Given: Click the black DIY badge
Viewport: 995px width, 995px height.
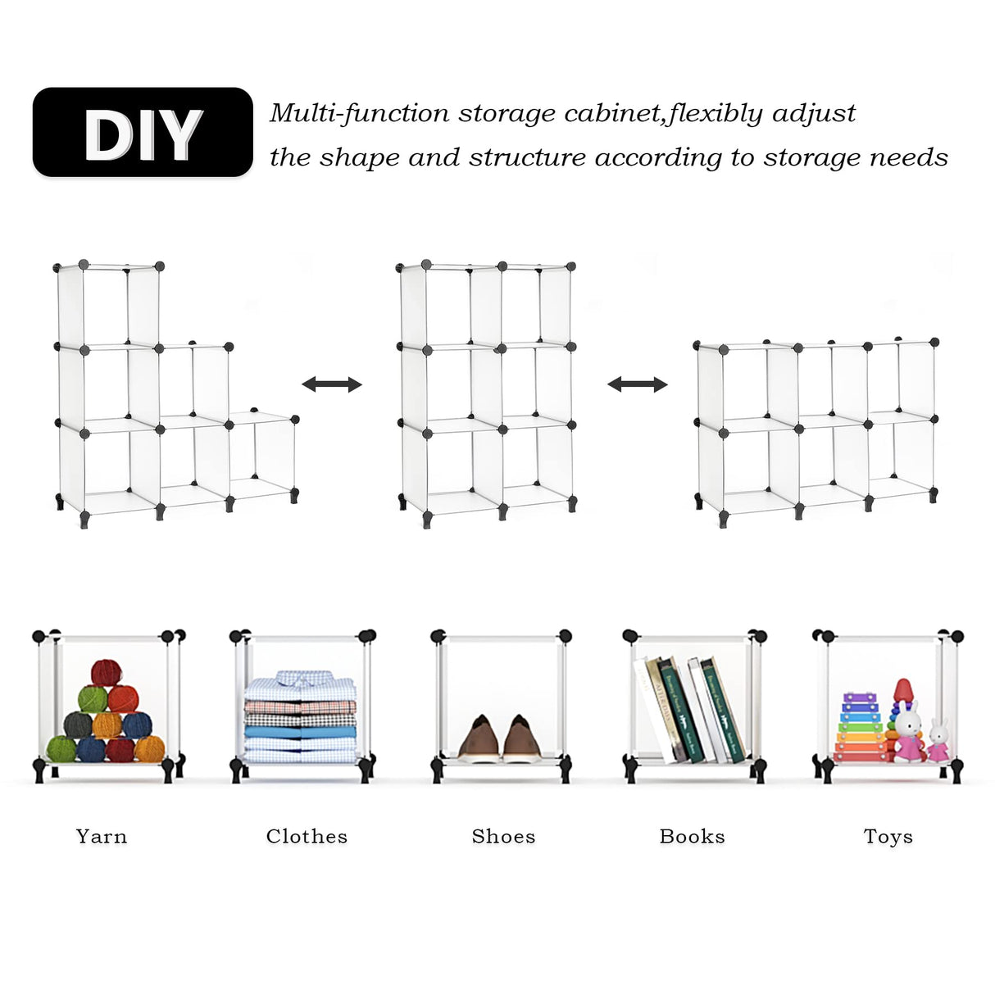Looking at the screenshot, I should coord(143,133).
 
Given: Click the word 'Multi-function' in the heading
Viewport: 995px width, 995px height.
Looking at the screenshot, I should coord(359,113).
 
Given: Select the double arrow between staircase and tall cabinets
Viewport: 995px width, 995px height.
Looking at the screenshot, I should coord(331,384).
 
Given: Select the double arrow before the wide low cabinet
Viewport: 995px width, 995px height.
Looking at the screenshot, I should coord(637,384).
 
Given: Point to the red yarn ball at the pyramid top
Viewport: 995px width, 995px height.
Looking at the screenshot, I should coord(106,673).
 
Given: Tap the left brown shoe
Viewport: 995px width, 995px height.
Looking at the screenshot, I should coord(479,738).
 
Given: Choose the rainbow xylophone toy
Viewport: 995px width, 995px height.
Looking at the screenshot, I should coord(860,728).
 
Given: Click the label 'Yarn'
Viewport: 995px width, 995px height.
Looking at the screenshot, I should coord(102,836).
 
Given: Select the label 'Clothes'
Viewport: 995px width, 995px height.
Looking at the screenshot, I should coord(307,836).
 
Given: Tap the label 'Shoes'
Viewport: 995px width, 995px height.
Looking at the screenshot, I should coord(503,836).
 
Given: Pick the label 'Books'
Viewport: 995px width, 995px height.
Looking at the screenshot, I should coord(692,836).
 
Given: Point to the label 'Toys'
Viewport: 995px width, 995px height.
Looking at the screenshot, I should coord(888,836).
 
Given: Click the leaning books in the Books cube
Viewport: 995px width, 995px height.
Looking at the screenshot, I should coord(690,710).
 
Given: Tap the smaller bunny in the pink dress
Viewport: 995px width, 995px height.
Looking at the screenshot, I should coord(938,741).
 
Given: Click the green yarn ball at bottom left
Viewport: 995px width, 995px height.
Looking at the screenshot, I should coord(61,748).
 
